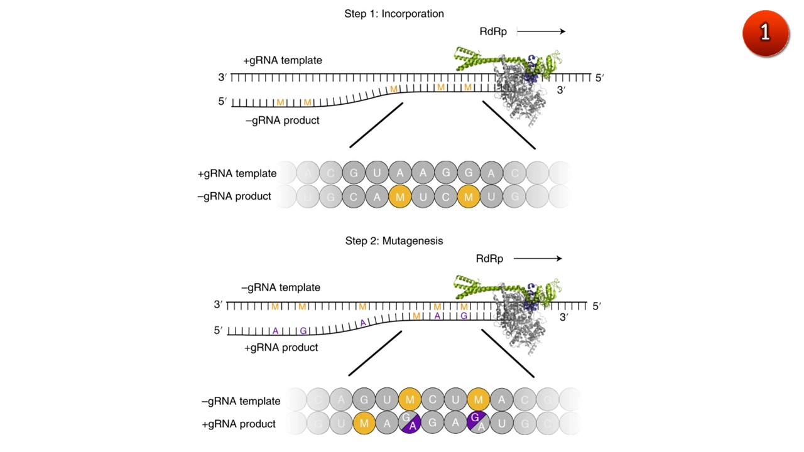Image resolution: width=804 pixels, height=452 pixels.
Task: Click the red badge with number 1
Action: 765,32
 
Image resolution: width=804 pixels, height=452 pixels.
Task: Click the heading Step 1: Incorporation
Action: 394,14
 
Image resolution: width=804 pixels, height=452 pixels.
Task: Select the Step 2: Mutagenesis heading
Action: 394,240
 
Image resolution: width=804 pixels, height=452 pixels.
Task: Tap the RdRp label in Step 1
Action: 492,31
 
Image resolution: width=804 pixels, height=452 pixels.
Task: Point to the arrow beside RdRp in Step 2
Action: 537,259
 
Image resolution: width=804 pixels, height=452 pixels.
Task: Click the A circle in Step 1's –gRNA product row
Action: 377,196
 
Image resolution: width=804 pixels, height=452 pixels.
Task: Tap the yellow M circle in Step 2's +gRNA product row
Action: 364,424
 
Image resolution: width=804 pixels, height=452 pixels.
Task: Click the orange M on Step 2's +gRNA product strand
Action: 416,316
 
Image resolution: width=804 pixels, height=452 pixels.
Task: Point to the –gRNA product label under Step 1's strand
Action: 283,121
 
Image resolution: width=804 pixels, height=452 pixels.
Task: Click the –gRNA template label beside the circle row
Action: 241,401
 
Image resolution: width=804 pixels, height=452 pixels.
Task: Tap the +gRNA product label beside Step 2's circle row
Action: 239,424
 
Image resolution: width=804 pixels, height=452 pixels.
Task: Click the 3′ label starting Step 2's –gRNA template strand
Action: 218,305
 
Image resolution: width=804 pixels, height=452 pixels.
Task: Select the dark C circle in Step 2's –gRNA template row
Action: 433,400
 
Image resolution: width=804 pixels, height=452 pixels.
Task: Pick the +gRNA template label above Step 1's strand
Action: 283,61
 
